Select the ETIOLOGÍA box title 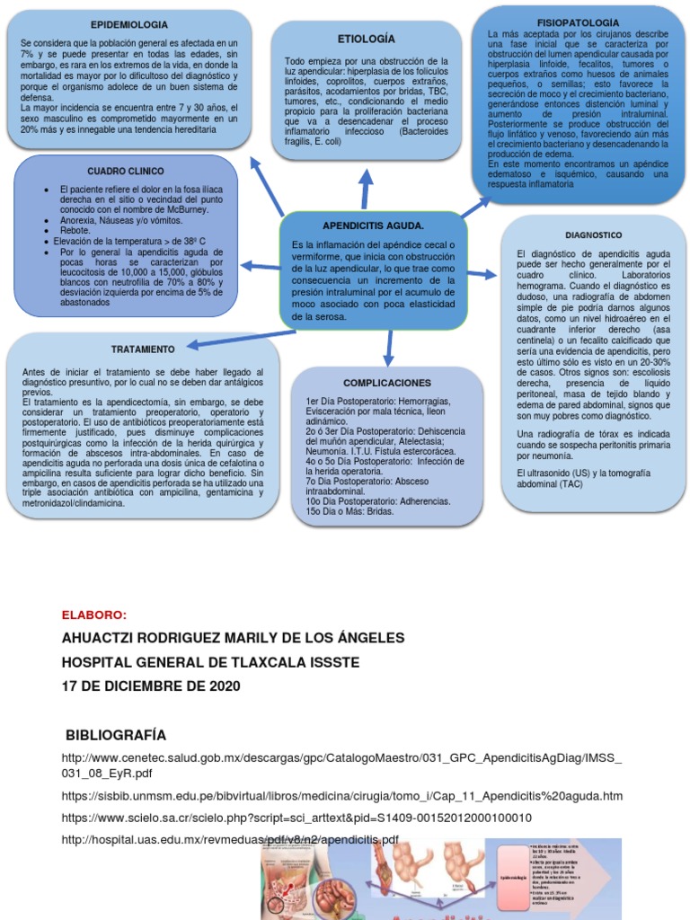pos(366,40)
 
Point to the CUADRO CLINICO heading pos(125,171)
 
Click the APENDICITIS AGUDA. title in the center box pos(373,226)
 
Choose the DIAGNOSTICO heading pos(594,234)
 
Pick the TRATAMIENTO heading pos(142,349)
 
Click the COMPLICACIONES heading pos(386,383)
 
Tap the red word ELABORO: pos(94,615)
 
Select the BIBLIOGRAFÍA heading pos(117,734)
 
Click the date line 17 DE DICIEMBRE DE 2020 pos(150,686)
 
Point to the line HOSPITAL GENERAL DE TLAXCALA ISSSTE pos(210,662)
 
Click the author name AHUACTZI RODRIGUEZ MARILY pos(232,638)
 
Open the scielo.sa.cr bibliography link pos(296,818)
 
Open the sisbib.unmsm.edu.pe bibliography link pos(341,796)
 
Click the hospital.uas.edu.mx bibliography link pos(229,840)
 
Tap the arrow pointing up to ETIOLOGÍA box pos(367,190)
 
